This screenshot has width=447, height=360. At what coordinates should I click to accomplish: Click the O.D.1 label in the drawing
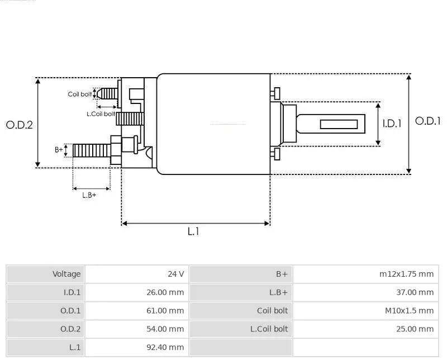coord(428,121)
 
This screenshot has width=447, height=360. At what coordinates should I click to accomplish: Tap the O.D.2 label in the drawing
coord(20,125)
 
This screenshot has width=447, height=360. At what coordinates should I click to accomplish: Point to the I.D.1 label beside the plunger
coord(392,124)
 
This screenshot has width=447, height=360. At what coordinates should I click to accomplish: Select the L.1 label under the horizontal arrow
coord(193,231)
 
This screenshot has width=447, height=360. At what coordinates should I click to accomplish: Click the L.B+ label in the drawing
coord(89,195)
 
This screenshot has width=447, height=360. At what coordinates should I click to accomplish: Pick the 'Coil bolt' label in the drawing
coord(80,94)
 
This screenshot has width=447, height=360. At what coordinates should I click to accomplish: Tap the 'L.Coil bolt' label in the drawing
coord(101,114)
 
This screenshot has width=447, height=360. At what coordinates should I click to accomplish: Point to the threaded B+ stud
coord(92,150)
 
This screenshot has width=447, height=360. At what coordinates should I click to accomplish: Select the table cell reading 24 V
coord(136,274)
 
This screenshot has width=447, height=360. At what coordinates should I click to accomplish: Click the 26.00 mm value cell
coord(136,292)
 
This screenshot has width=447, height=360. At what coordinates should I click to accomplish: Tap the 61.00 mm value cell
coord(136,311)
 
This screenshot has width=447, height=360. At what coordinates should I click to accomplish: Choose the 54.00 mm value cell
coord(136,329)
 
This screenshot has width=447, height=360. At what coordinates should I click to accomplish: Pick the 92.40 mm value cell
coord(136,348)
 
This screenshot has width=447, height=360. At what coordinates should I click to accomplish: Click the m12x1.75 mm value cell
coord(365,274)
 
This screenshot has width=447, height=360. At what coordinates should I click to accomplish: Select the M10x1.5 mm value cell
coord(365,311)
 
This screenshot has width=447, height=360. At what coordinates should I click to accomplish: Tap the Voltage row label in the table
coord(46,274)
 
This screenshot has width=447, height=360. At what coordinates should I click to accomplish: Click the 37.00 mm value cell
coord(365,292)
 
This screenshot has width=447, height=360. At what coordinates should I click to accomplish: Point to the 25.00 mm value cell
coord(365,329)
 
